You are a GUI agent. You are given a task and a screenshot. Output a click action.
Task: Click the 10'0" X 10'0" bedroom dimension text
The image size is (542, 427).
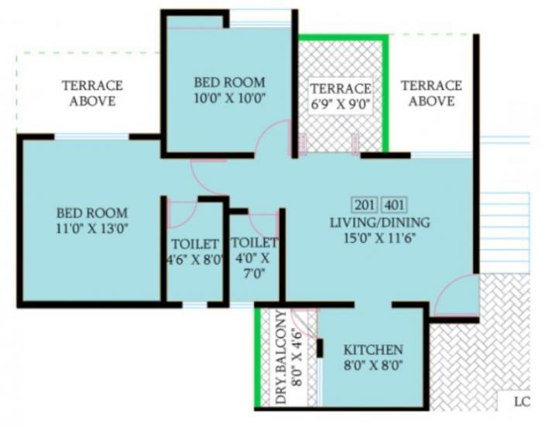pos(229,97)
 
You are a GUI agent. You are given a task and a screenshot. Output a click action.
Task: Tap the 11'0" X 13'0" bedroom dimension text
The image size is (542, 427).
pos(91,228)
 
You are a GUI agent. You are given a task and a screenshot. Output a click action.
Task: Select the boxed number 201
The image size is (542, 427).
pos(363,205)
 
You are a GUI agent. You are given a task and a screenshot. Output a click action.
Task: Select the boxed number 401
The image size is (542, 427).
pos(393,205)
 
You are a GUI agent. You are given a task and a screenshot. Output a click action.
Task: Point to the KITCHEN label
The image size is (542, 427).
pos(373,350)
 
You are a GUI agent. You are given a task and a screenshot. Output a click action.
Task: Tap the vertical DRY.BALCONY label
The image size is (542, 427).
pos(281,358)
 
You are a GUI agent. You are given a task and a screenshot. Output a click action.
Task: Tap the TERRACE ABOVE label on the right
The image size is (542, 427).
pos(431,93)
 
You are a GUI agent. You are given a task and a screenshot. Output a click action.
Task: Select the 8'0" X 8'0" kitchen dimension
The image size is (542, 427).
pos(373,366)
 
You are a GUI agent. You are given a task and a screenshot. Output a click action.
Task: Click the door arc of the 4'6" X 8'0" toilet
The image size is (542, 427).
pos(184,213)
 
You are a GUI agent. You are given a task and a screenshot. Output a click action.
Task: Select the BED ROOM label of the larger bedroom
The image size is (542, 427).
pos(91,213)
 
